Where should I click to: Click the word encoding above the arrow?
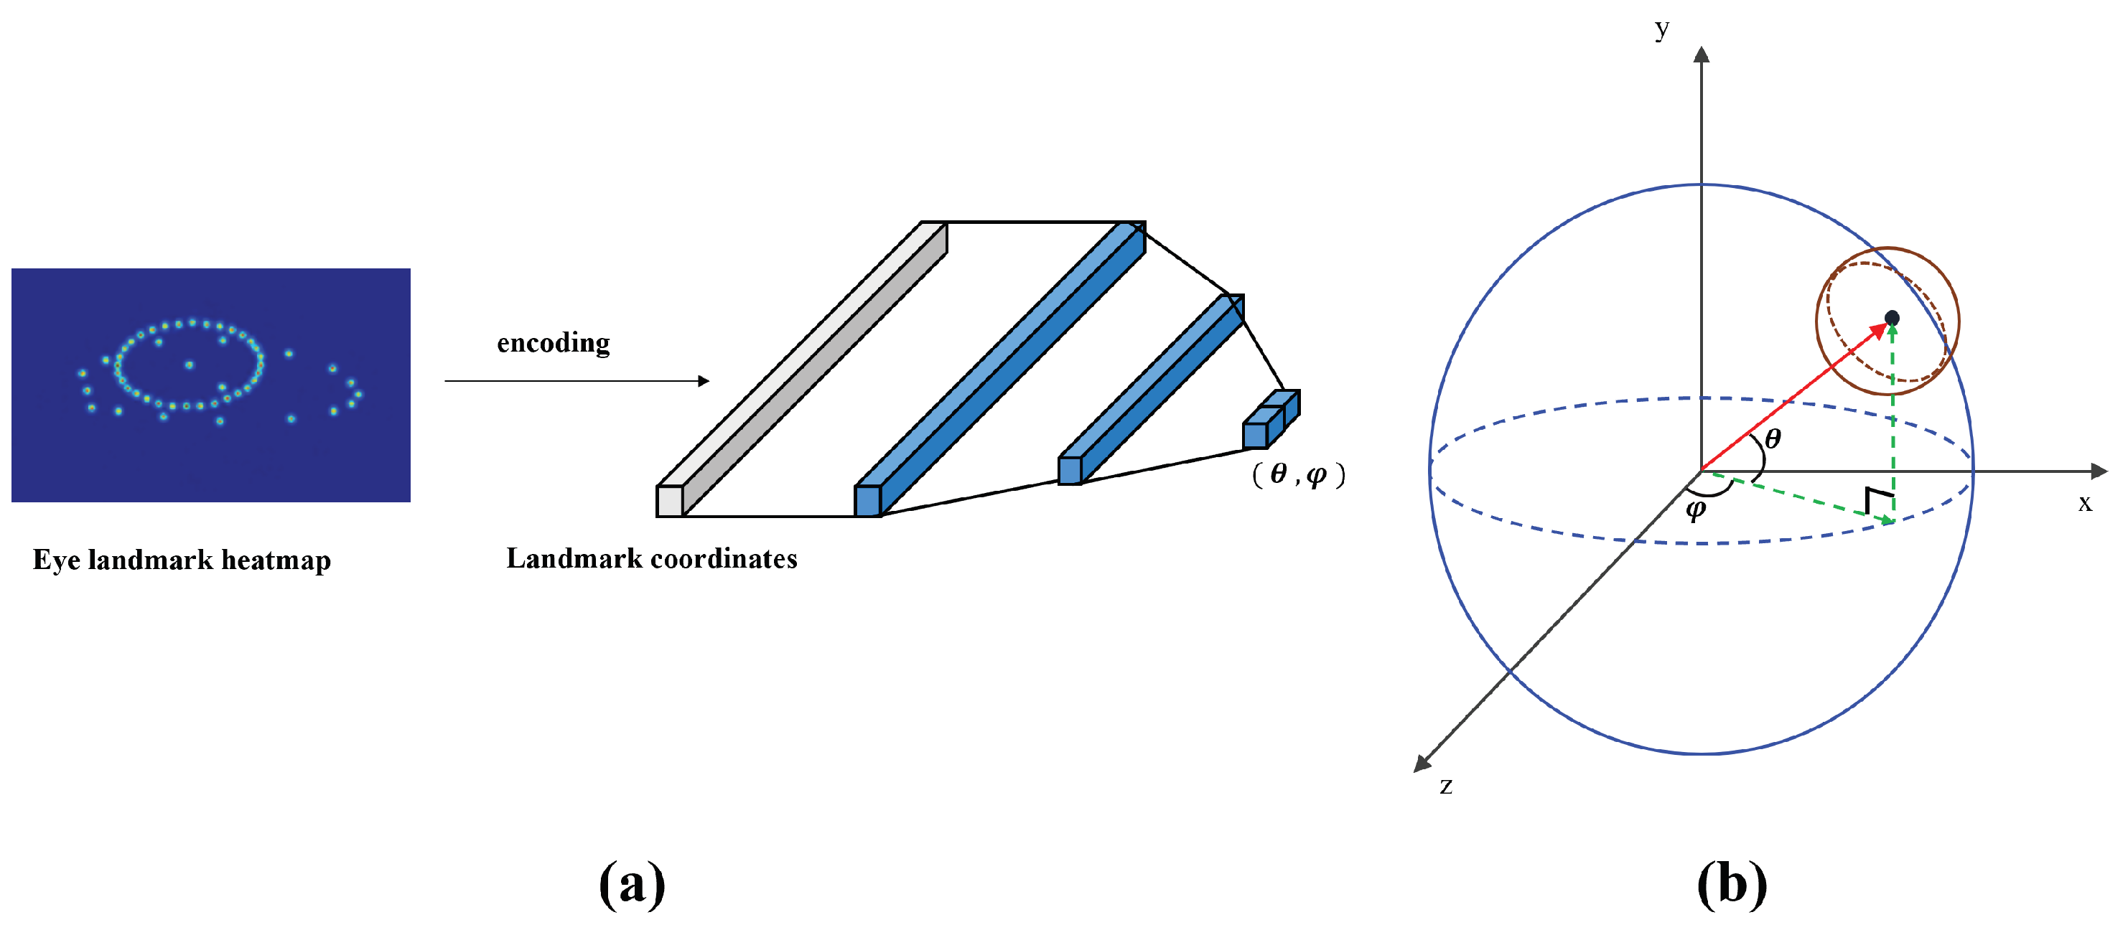point(553,343)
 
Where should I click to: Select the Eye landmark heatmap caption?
point(182,560)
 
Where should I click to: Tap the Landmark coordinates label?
point(652,558)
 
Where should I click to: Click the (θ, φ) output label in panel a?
point(1298,474)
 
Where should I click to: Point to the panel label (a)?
point(632,884)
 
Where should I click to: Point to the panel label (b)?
point(1732,884)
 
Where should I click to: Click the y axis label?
point(1662,29)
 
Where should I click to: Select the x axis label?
point(2085,503)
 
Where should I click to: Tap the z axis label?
point(1446,786)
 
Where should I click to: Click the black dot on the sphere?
point(1892,318)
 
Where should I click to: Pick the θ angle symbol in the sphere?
point(1772,438)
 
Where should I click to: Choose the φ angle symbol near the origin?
point(1695,509)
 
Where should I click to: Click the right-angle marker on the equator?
point(1879,499)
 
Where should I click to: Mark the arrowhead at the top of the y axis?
point(1701,55)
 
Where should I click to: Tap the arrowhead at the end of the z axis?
point(1421,765)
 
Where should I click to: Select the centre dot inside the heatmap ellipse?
point(189,365)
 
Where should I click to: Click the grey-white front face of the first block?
point(669,502)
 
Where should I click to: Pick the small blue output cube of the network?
point(1256,436)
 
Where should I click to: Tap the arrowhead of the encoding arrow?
point(704,381)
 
